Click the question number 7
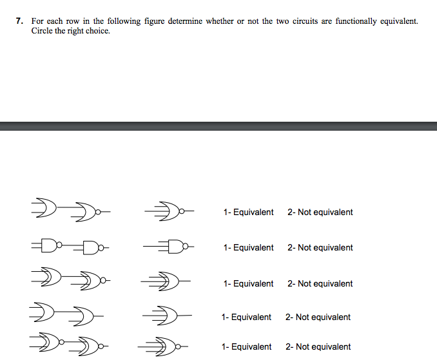point(19,21)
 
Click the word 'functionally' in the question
point(356,21)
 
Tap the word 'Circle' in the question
point(42,31)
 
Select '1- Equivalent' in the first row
point(248,212)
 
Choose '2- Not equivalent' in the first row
point(320,212)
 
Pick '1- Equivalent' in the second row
point(248,247)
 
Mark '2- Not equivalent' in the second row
point(320,247)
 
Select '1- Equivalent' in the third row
point(248,283)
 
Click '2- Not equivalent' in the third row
point(320,283)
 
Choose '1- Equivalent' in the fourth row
point(246,317)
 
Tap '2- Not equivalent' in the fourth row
point(318,317)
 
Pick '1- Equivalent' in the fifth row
point(246,346)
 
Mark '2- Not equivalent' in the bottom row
point(318,346)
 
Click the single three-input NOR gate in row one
point(170,211)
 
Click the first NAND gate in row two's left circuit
point(50,245)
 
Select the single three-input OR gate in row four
point(167,316)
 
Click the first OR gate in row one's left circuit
point(45,208)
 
